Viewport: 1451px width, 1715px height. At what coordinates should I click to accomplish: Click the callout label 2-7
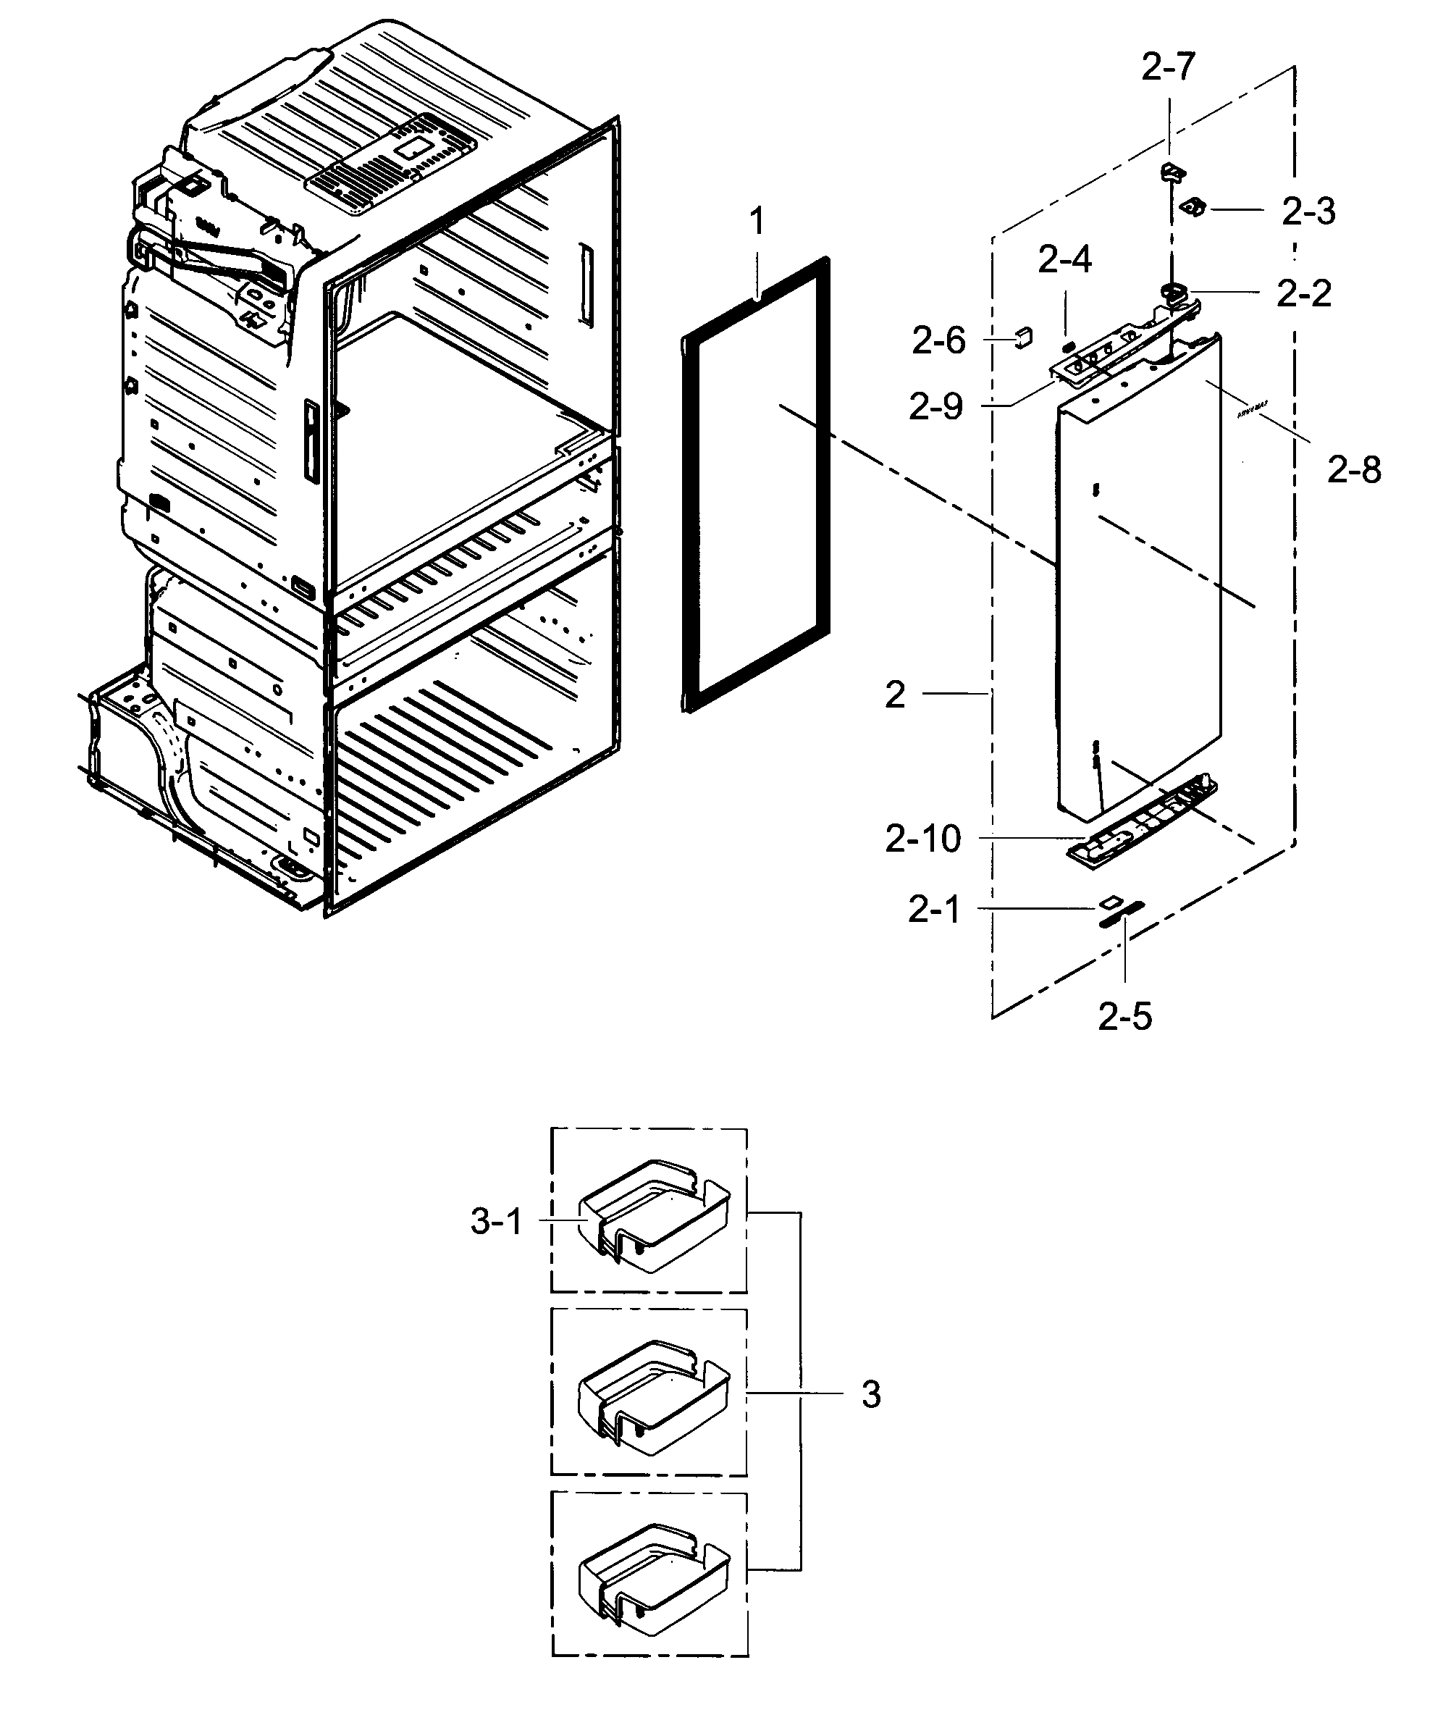[1167, 67]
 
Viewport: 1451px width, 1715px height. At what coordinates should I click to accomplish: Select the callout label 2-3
[1308, 211]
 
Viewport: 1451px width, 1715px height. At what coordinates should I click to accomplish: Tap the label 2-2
[1303, 293]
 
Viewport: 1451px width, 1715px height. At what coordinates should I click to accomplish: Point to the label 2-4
[1064, 260]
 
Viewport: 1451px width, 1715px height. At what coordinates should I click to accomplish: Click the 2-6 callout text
[938, 340]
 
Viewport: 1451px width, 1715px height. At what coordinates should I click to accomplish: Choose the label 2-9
[935, 406]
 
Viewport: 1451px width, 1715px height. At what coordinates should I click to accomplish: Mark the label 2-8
[1353, 470]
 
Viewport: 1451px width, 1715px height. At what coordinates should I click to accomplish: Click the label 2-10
[922, 839]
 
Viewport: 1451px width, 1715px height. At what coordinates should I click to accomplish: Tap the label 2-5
[1124, 1017]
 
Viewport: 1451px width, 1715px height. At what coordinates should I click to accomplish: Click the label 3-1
[496, 1221]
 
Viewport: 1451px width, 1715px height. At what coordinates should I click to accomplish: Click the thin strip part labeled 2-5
[1121, 914]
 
